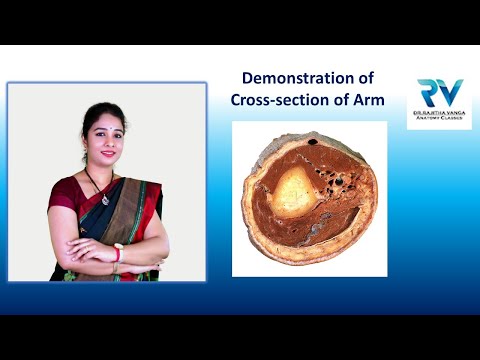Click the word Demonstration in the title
tap(290, 77)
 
